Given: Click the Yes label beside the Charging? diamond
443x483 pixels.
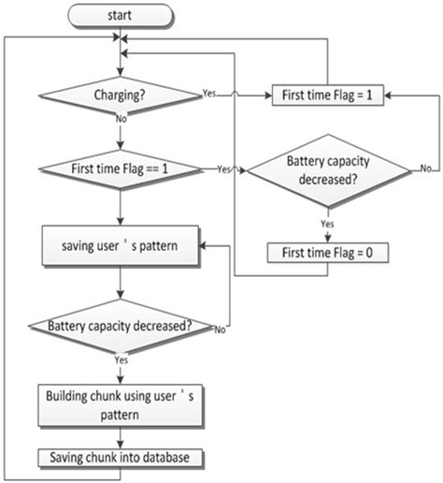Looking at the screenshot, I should click(x=209, y=94).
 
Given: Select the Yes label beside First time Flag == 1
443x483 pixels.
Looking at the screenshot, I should click(x=223, y=169).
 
